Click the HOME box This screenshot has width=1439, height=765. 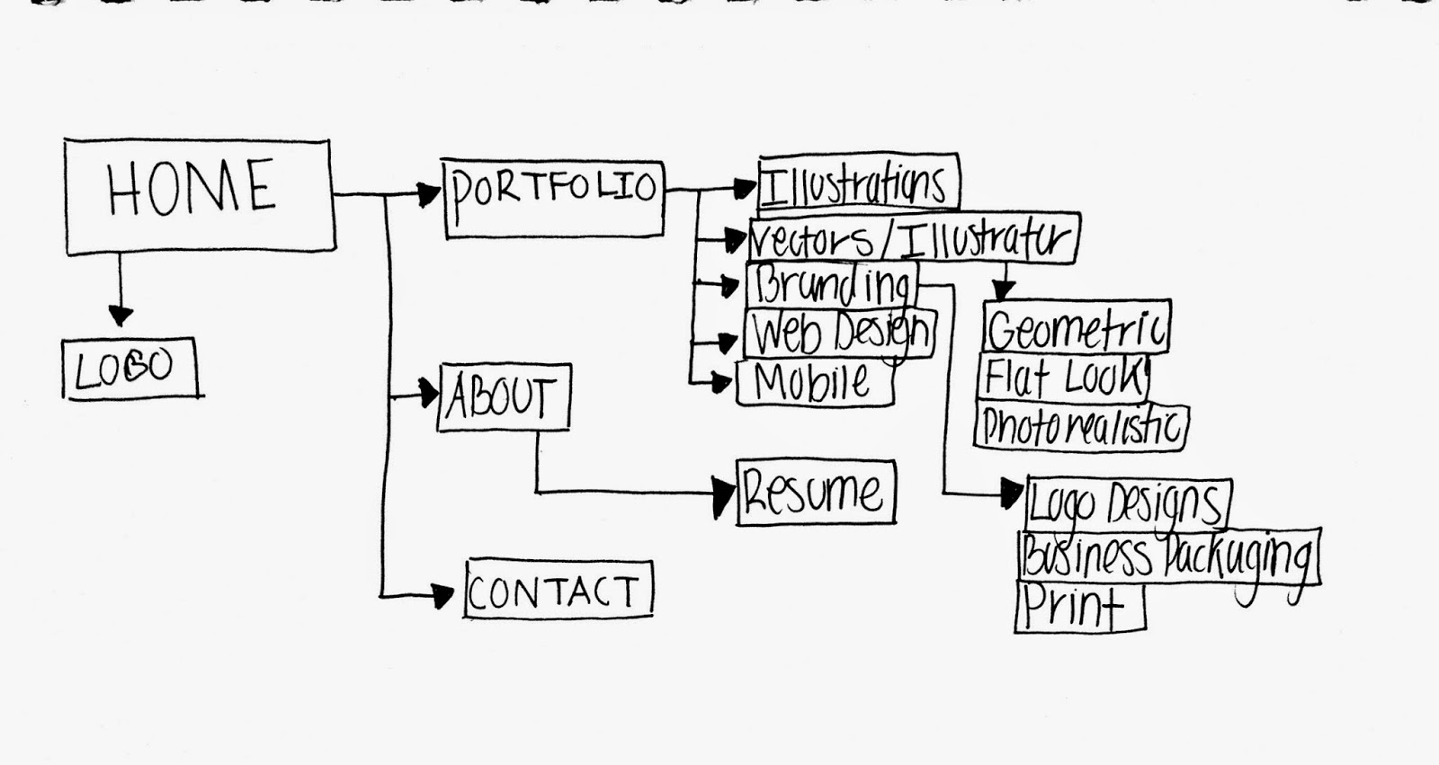(199, 196)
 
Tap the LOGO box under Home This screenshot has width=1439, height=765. (130, 368)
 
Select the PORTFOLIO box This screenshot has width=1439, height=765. (554, 199)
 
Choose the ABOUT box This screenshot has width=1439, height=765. (503, 396)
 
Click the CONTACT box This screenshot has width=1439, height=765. (558, 590)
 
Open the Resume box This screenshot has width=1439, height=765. (815, 492)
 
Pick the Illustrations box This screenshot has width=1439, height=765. (857, 182)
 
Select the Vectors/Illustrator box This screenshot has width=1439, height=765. (912, 239)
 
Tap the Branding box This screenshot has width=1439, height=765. (831, 285)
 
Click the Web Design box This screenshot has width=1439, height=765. (840, 333)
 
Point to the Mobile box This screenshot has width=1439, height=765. (814, 383)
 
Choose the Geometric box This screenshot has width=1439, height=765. (1076, 327)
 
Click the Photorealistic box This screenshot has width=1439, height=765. (1080, 427)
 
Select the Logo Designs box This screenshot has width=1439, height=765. (1127, 503)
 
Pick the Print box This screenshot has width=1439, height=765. (1078, 608)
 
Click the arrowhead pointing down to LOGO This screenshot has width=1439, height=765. (120, 315)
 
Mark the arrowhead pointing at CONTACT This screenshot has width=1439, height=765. (442, 595)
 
